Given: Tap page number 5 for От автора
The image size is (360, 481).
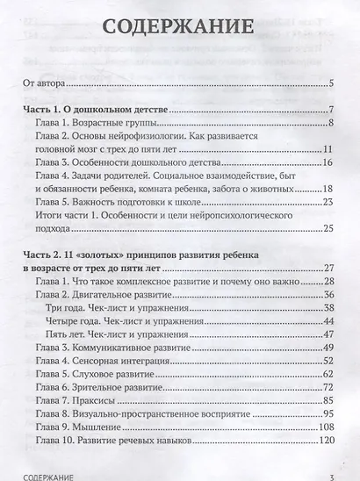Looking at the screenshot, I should point(329,85).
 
